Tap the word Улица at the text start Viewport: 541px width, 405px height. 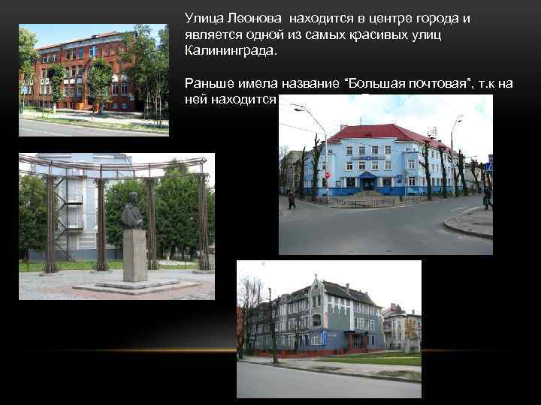click(204, 18)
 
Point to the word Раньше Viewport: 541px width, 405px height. click(208, 83)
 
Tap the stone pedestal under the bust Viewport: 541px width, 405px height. click(134, 255)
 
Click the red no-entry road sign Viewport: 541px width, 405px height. click(327, 175)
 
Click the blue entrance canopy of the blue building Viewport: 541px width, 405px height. click(368, 175)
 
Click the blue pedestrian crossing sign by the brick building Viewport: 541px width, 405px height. click(24, 91)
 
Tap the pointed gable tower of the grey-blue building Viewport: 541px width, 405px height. click(318, 284)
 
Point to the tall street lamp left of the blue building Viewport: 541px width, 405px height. click(326, 150)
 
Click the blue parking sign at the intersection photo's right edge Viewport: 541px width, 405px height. click(489, 167)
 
